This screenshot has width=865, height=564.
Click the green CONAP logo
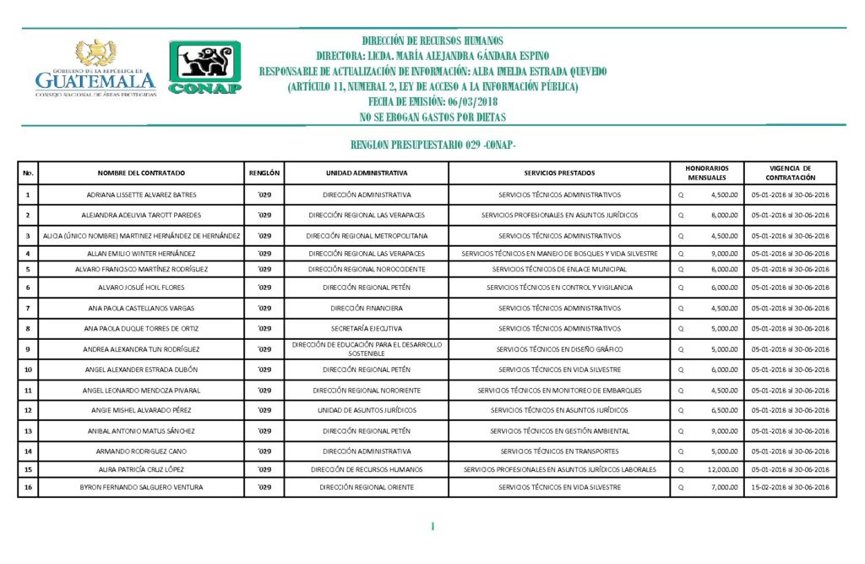(x=205, y=67)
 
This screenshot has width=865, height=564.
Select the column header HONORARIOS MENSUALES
(x=707, y=172)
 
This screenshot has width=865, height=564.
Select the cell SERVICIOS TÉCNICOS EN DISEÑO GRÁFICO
(x=559, y=349)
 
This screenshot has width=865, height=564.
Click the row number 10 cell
(x=29, y=370)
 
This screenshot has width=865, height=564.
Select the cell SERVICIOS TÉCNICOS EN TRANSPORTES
(x=559, y=452)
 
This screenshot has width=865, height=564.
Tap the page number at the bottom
(x=432, y=527)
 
